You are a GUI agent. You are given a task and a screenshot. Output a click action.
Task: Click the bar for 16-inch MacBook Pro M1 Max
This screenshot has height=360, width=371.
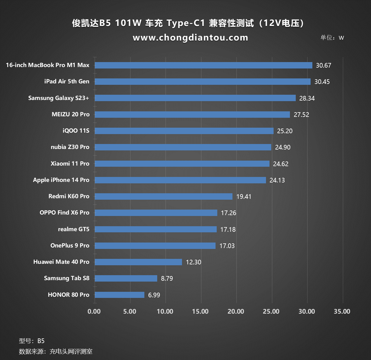pos(203,65)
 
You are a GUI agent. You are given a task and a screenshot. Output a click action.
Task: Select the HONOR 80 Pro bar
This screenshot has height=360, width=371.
pos(120,295)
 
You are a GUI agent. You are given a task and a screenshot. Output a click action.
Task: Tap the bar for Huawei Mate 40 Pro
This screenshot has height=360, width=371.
pos(138,262)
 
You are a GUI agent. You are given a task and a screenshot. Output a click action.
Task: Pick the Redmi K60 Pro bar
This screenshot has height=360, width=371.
pos(163,196)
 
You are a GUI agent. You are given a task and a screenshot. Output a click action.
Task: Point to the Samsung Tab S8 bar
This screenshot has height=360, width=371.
pos(126,278)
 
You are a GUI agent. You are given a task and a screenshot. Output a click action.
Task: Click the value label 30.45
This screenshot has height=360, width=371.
pos(322,82)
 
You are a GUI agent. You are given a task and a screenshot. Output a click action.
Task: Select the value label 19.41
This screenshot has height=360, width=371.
pos(244,197)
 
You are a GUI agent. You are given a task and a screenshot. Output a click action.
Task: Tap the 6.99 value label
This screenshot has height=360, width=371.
pos(154,295)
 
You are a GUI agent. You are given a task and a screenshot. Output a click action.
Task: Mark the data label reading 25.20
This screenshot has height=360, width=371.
pos(285,131)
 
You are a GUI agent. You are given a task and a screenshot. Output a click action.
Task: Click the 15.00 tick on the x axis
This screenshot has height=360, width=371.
pos(200,312)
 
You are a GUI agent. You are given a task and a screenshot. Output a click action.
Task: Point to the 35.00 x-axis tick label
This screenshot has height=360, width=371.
pos(342,312)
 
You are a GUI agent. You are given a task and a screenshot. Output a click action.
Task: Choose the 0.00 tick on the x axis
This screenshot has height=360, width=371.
pos(94,312)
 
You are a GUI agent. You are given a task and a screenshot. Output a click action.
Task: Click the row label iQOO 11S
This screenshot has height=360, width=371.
pos(76,131)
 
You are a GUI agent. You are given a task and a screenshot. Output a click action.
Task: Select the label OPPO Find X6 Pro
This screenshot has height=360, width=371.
pos(64,213)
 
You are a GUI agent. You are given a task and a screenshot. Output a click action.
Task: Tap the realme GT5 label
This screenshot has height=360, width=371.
pos(73,229)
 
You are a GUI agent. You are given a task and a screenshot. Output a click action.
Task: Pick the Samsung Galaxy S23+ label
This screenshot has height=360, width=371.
pos(59,98)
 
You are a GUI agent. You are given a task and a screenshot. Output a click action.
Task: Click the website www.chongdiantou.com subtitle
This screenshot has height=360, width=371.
pos(190,38)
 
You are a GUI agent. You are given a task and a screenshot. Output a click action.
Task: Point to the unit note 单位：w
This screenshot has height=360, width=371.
pos(332,38)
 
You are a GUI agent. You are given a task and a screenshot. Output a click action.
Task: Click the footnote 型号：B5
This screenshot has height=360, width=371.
pos(32,341)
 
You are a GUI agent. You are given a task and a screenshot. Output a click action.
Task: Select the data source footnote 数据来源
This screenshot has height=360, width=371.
pos(56,352)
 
